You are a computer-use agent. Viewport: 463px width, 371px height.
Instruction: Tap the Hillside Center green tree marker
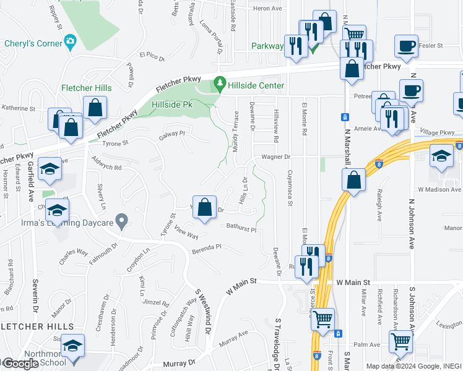pos(219,83)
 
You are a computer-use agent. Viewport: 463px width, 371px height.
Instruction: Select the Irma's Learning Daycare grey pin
pos(122,220)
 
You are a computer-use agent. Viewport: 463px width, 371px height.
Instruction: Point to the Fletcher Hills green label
pos(85,88)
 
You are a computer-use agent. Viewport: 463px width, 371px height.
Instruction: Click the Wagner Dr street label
pos(275,157)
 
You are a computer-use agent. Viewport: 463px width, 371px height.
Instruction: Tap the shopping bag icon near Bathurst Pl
pos(205,208)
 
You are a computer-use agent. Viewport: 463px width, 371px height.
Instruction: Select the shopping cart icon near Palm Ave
pos(400,339)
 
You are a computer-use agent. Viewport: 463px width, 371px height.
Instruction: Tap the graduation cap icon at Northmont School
pos(72,347)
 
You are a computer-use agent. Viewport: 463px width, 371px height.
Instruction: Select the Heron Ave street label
pos(267,8)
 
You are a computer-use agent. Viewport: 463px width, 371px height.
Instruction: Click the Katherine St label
pos(18,108)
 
